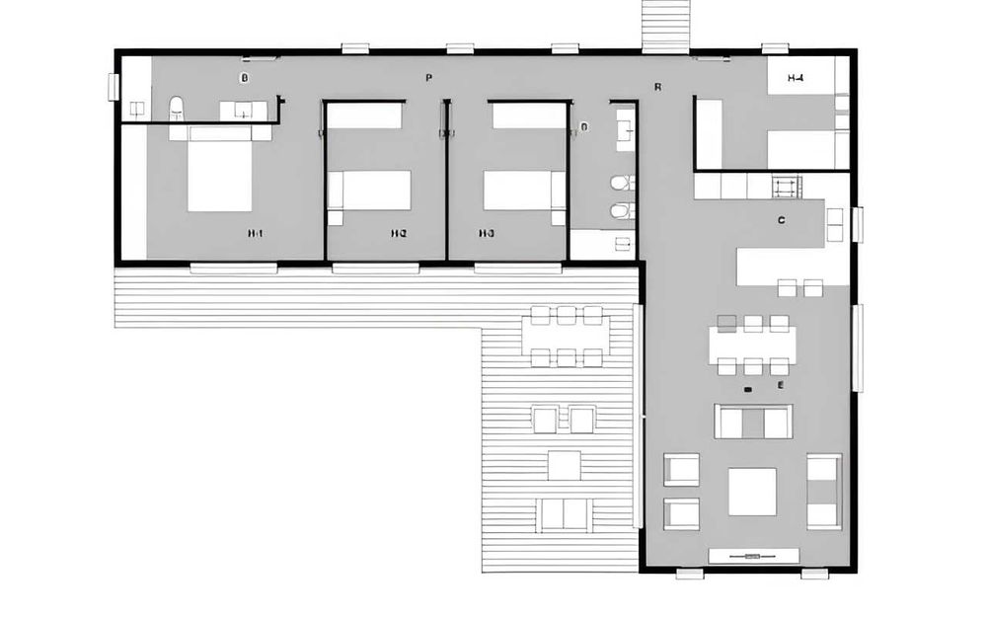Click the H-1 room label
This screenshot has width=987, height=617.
coord(256,234)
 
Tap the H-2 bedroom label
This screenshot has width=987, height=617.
coord(399,234)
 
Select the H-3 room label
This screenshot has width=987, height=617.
coord(486,234)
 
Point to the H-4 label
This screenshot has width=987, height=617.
coord(796,77)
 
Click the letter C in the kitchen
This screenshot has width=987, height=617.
coord(781,220)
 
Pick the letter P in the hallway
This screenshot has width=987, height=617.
coord(428,77)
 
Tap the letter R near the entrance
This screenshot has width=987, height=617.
coord(657,87)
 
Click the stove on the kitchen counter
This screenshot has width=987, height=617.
coord(786,186)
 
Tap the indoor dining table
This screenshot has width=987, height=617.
coord(752,344)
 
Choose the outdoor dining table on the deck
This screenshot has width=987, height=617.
coord(567,336)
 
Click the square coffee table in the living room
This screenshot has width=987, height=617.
coord(752,491)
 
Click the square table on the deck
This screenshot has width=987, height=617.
coord(564,464)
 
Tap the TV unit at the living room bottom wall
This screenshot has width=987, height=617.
coord(752,557)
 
